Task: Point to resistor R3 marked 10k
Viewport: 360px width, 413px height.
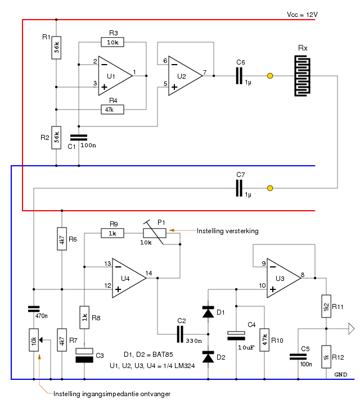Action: coord(113,42)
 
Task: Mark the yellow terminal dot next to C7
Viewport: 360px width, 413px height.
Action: coord(270,188)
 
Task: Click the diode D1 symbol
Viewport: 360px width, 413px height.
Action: coord(208,312)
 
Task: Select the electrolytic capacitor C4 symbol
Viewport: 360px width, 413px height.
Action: coord(236,335)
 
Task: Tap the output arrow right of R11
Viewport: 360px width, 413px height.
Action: coord(352,329)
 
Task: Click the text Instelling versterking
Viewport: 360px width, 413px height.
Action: coord(227,231)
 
